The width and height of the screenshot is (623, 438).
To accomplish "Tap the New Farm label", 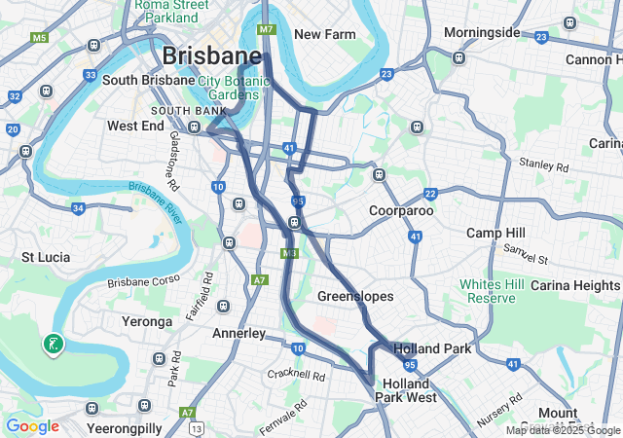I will click(x=324, y=34).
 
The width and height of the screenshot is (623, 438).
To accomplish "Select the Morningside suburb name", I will click(x=482, y=32).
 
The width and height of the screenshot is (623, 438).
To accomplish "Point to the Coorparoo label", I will click(x=401, y=210).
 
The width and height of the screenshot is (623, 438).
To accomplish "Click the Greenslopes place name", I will click(x=355, y=295).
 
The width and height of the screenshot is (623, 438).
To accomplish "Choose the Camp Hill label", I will click(x=495, y=233).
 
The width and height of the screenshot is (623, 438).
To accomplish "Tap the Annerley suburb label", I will click(x=238, y=333).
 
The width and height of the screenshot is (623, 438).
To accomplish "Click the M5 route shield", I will click(x=39, y=38).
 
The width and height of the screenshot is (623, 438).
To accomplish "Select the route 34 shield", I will click(x=78, y=207).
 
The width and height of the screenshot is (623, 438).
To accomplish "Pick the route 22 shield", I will click(x=430, y=195).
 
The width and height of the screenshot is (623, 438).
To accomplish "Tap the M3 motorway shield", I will click(x=289, y=253).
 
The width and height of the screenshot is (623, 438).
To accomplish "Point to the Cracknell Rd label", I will click(x=296, y=374).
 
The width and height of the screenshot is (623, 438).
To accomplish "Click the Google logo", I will click(x=32, y=426).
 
